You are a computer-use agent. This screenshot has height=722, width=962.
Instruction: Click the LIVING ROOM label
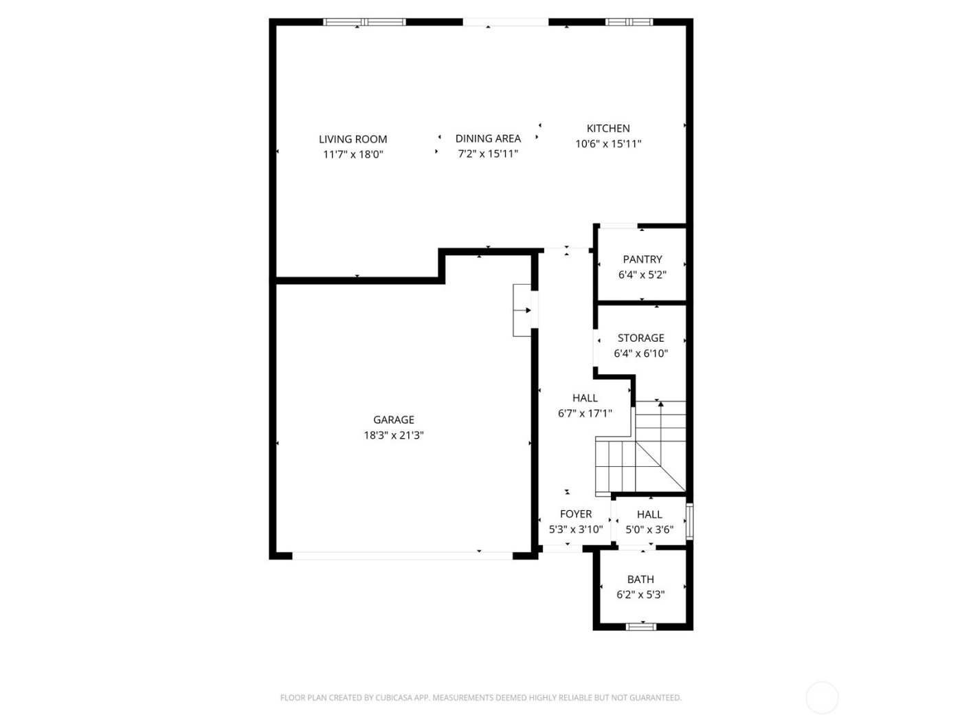point(353,139)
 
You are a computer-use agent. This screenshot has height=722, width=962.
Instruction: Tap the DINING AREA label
point(488,138)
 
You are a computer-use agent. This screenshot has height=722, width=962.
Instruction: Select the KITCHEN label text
point(608,129)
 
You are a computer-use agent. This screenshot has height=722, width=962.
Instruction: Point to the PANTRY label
point(642,259)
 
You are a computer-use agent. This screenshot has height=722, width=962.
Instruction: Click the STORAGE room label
point(640,338)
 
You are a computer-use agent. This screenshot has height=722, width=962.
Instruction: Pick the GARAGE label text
point(394,419)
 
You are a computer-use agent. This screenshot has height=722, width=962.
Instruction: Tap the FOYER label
point(576,514)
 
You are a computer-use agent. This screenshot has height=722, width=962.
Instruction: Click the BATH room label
point(640,579)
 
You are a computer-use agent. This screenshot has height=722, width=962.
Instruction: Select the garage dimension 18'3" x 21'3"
point(394,435)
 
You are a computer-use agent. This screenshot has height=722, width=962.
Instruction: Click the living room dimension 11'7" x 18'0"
point(353,155)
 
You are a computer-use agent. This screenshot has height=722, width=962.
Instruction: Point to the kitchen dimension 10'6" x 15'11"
point(608,144)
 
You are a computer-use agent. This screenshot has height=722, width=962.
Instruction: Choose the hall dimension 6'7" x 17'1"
point(585,413)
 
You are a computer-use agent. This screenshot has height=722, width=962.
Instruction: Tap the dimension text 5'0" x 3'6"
point(649,530)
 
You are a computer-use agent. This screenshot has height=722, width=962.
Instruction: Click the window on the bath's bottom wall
point(641,626)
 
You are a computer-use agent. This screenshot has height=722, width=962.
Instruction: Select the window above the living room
point(365,22)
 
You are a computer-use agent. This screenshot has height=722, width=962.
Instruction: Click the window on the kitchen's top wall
point(629,22)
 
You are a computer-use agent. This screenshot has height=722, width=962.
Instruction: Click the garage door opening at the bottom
point(402,555)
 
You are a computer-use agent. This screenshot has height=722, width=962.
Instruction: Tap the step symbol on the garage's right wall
point(522,310)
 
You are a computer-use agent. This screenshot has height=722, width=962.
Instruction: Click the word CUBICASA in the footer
point(393,698)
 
